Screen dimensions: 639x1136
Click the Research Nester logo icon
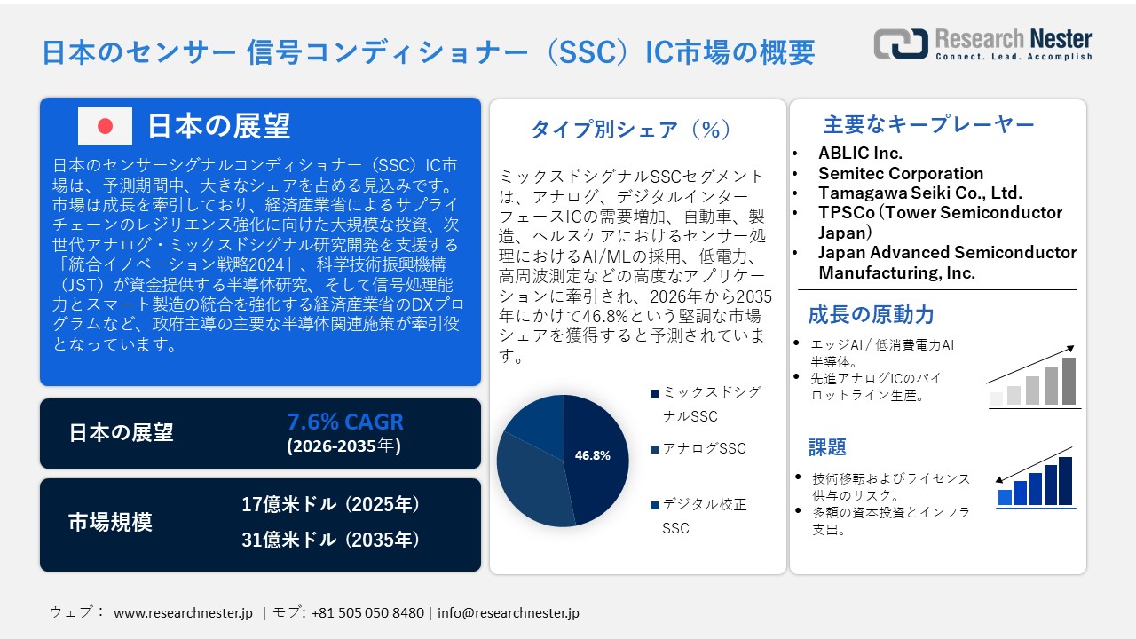pos(900,43)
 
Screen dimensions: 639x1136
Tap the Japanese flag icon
pos(105,126)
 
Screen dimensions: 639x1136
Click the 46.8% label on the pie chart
pos(592,455)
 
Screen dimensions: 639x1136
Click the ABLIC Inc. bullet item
pos(860,153)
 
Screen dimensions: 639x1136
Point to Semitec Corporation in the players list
pos(900,173)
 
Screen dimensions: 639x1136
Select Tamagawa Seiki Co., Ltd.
pos(919,193)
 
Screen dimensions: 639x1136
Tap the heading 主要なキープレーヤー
pos(929,124)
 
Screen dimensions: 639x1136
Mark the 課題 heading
pos(827,447)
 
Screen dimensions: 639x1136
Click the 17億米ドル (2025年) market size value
pos(330,505)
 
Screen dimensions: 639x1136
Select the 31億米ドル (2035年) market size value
pos(330,539)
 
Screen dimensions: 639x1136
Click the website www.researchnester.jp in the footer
pos(184,612)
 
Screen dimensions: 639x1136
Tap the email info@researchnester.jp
pos(509,612)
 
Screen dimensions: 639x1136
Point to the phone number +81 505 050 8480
pos(367,612)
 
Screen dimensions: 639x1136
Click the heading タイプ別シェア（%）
pos(631,130)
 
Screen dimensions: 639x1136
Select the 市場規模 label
pos(110,523)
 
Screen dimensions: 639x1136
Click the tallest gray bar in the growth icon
pos(1069,381)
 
